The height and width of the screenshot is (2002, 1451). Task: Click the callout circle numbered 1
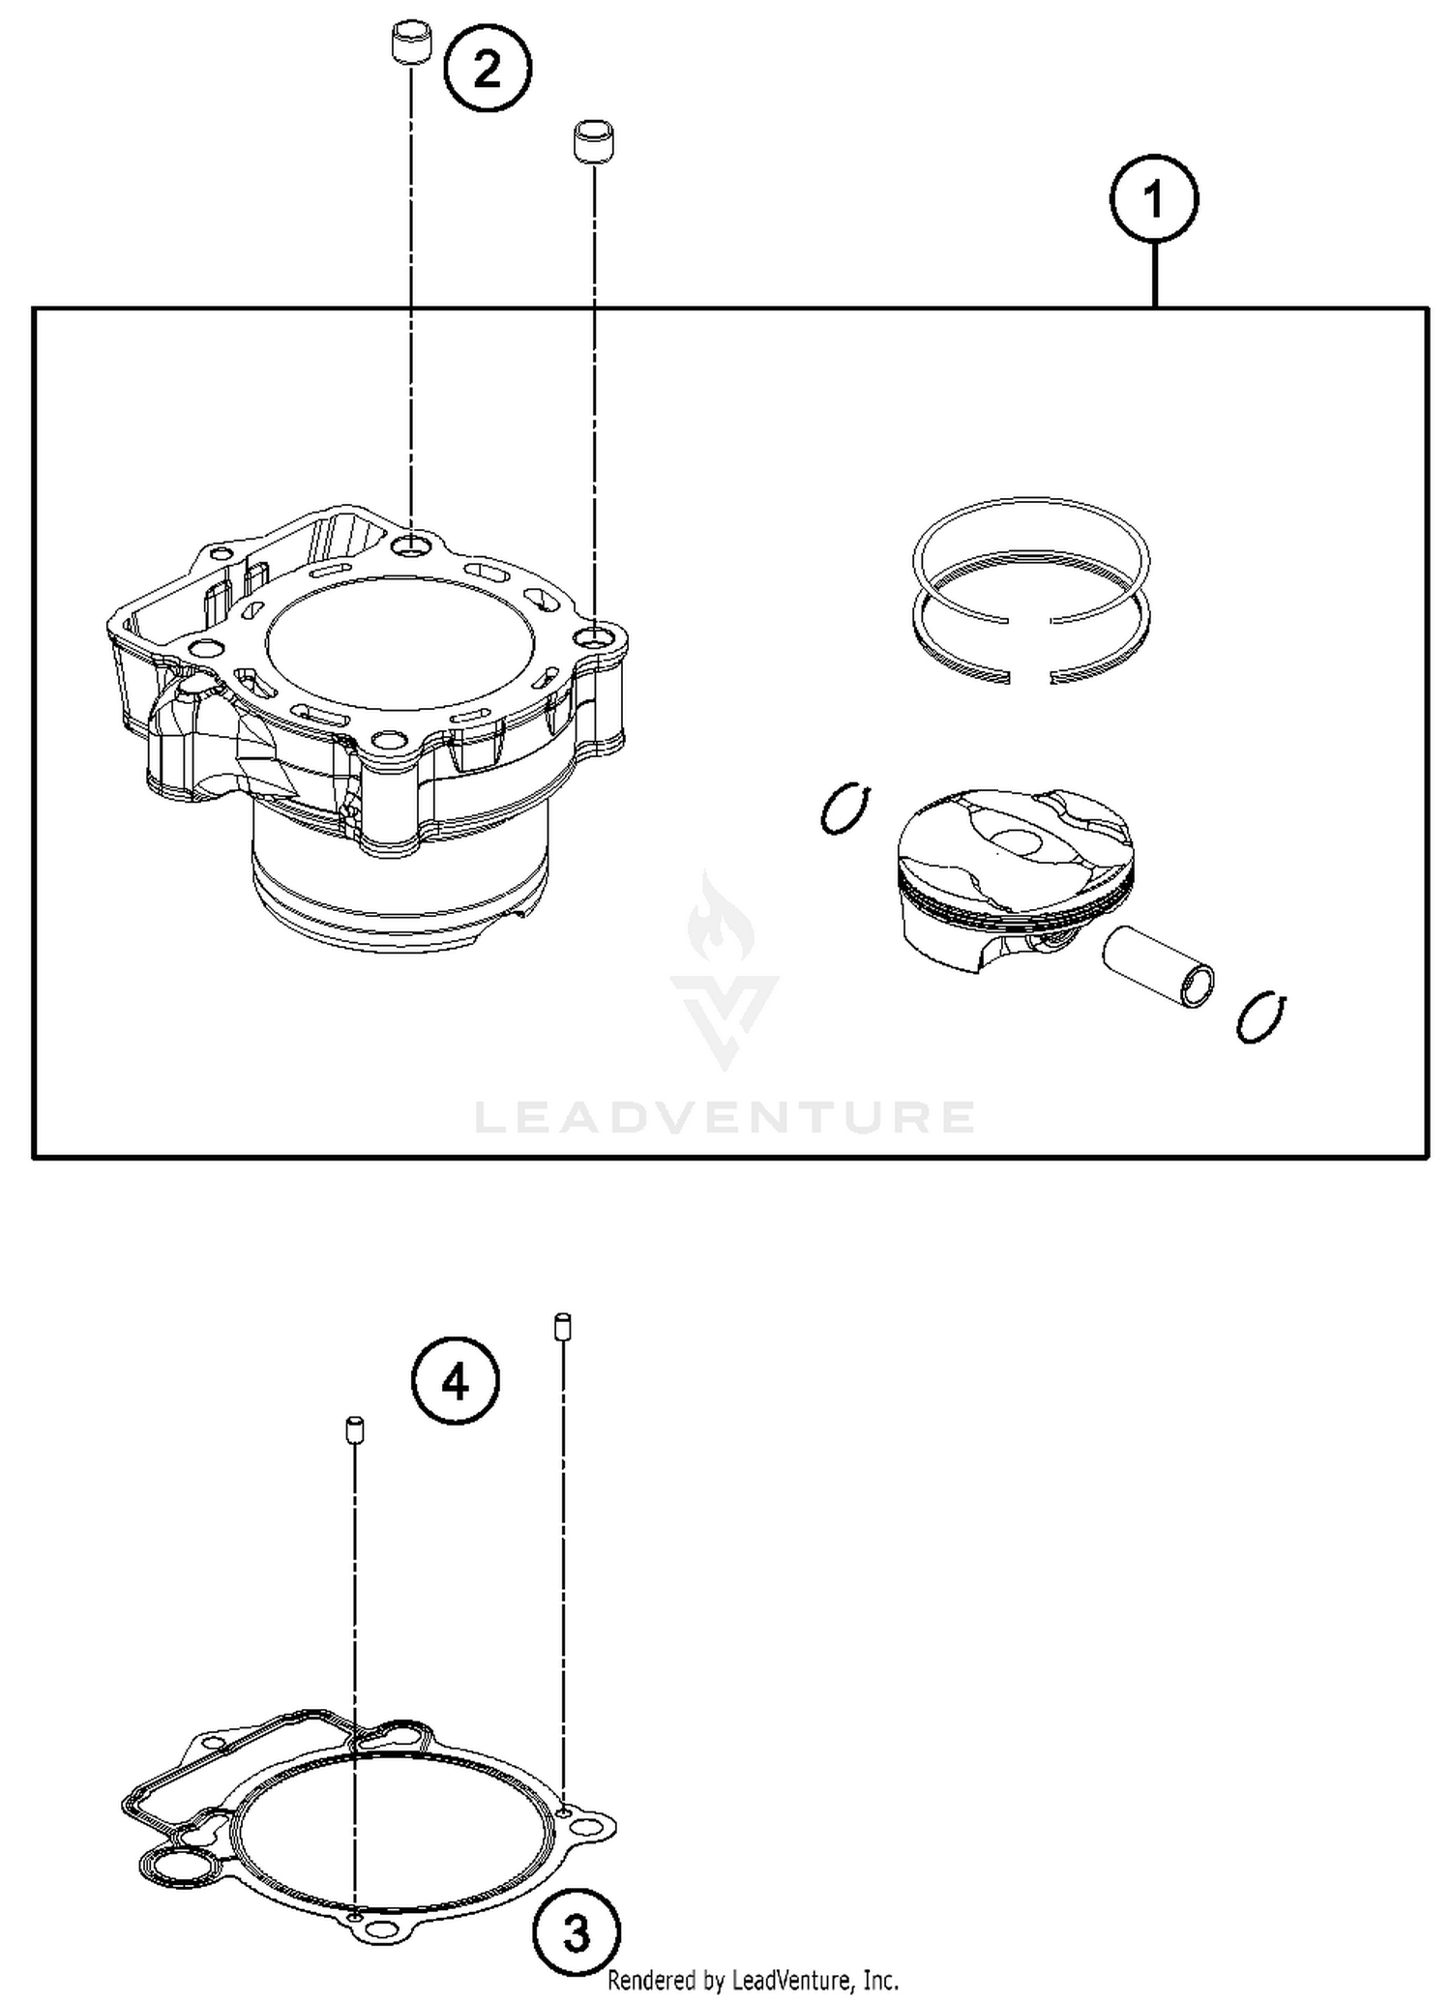coord(1153,199)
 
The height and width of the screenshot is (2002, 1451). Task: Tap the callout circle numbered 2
coord(488,70)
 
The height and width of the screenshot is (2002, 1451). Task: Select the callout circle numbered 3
coord(577,1933)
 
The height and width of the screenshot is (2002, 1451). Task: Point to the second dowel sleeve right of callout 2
coord(593,142)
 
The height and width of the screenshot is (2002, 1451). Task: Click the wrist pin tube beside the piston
coord(1158,966)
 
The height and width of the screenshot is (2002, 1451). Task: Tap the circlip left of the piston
coord(844,808)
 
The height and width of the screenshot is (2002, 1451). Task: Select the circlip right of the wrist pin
coord(1260,1017)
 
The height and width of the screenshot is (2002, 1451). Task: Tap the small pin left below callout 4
coord(355,1429)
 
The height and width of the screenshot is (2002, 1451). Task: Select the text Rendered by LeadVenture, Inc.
coord(753,1980)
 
